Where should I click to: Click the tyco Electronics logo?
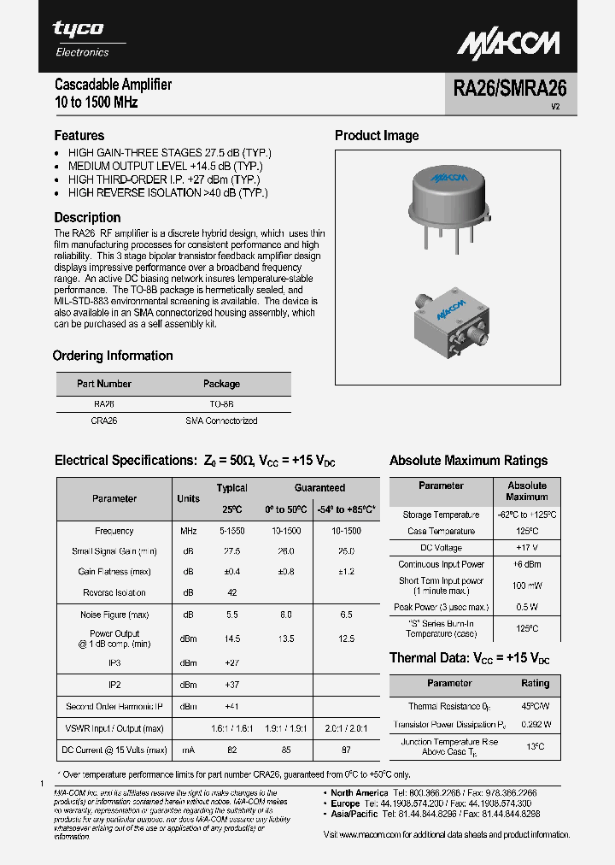(x=80, y=38)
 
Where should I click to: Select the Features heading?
(x=79, y=136)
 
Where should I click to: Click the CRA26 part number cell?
(x=103, y=421)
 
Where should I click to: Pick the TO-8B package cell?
(x=221, y=403)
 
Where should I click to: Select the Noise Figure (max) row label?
(x=114, y=615)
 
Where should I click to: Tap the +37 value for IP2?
(x=231, y=685)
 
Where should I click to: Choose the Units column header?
(x=188, y=498)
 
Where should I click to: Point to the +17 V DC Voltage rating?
(x=526, y=547)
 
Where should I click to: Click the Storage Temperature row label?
(x=441, y=515)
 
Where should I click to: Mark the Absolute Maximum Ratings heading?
(x=468, y=461)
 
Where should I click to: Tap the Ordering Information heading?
(x=113, y=356)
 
